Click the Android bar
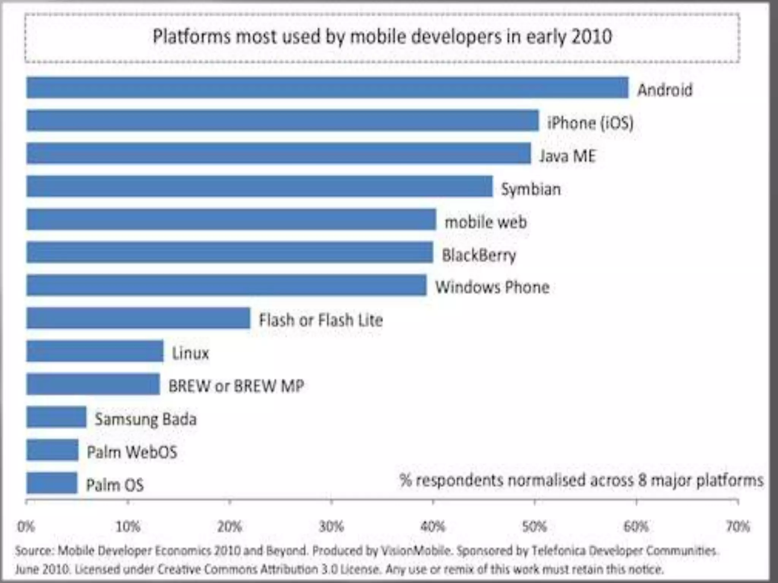tap(327, 88)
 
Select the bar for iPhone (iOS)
tap(282, 120)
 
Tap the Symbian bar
tap(259, 186)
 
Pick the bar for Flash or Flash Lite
tap(138, 318)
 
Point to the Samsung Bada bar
tap(56, 417)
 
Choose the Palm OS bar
tap(52, 483)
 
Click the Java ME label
tap(568, 156)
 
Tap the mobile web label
tap(486, 222)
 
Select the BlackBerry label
tap(479, 255)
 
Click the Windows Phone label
tap(492, 287)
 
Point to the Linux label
tap(190, 353)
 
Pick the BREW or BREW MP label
tap(236, 386)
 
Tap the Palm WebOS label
tap(132, 452)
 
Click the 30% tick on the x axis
tap(331, 526)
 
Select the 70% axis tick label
tap(738, 526)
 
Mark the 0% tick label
tap(26, 527)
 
